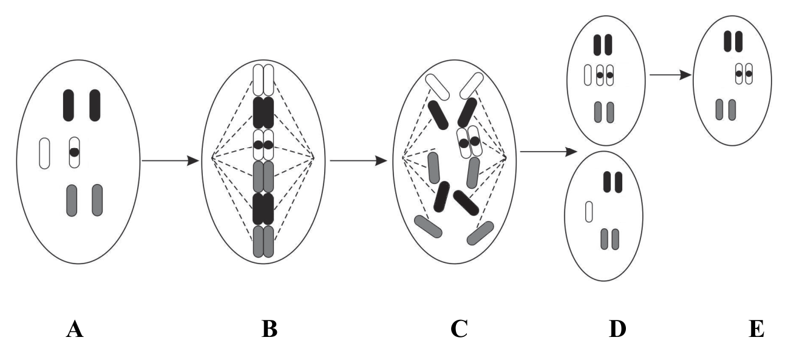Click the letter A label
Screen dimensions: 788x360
tap(75, 329)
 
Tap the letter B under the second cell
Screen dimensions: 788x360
tap(270, 329)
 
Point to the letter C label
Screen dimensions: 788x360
tap(459, 329)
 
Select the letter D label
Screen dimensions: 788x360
tap(617, 329)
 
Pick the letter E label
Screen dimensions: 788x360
tap(756, 329)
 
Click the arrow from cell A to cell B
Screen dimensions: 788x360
tap(170, 161)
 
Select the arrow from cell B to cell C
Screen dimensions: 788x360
tap(358, 161)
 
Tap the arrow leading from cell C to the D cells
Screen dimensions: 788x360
tap(549, 152)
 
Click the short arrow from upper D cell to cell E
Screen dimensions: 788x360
tap(670, 75)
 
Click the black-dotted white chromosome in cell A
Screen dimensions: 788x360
tap(74, 152)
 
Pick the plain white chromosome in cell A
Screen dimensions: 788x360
tap(44, 154)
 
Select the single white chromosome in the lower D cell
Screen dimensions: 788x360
tap(589, 211)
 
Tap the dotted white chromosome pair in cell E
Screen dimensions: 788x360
tap(744, 73)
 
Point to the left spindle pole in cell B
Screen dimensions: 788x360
tap(212, 158)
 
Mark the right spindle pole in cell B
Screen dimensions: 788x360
tap(314, 158)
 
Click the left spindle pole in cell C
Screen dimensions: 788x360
tap(402, 158)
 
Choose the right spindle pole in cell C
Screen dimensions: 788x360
tap(506, 157)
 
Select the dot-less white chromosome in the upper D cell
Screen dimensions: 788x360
tap(588, 75)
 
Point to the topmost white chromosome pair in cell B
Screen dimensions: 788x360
tap(263, 80)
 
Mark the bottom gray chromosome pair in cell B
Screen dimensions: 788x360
tap(263, 242)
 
